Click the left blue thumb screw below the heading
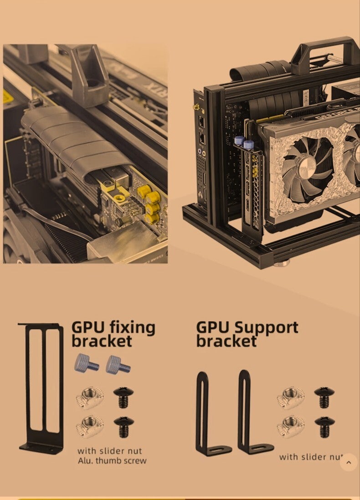coord(87,363)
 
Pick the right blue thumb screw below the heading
coord(118,364)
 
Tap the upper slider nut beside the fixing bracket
coord(90,397)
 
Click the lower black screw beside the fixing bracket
coord(123,426)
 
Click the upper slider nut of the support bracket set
coord(291,398)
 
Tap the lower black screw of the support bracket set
coord(324,427)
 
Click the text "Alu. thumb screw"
coord(112,461)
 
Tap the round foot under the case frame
coord(283,263)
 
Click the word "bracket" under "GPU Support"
coord(226,342)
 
